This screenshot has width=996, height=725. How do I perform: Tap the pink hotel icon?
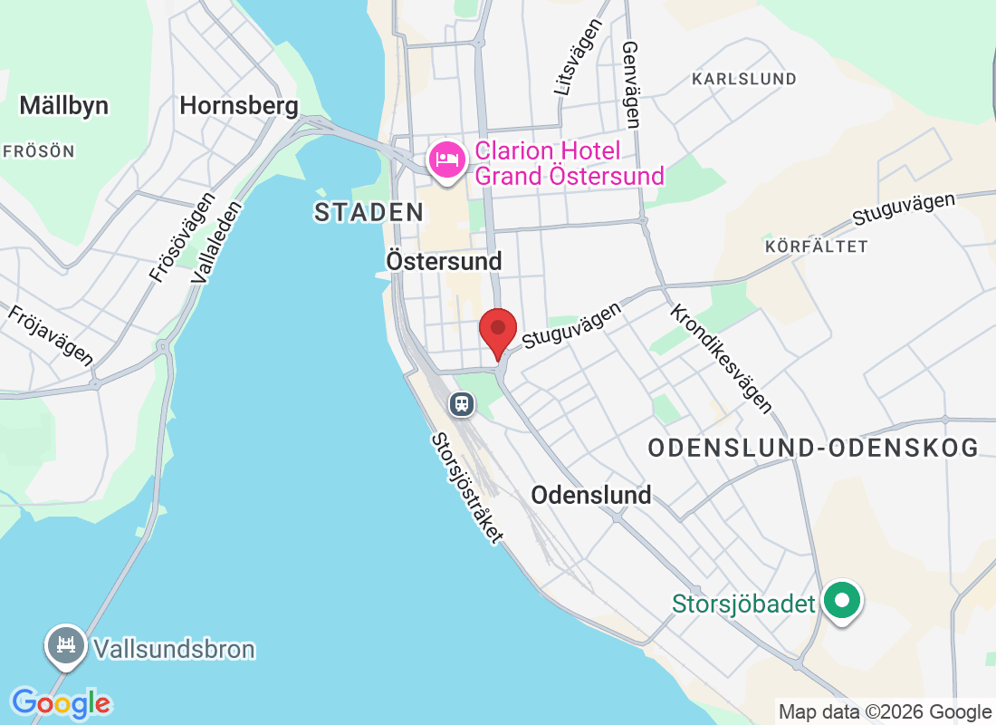pyautogui.click(x=445, y=161)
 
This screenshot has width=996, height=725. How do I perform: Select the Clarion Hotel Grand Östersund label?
pyautogui.click(x=570, y=163)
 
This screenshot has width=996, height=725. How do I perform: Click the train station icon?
pyautogui.click(x=462, y=402)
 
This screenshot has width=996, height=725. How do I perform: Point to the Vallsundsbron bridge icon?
pyautogui.click(x=65, y=645)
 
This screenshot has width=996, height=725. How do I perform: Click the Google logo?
pyautogui.click(x=62, y=703)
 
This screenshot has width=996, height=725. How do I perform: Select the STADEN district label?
pyautogui.click(x=369, y=213)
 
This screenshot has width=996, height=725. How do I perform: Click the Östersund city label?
pyautogui.click(x=444, y=261)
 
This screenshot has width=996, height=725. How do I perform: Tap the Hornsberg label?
pyautogui.click(x=239, y=106)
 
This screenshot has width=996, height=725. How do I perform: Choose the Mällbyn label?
pyautogui.click(x=63, y=106)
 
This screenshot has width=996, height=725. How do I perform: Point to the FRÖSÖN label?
pyautogui.click(x=39, y=151)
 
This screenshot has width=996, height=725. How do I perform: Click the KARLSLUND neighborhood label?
pyautogui.click(x=744, y=79)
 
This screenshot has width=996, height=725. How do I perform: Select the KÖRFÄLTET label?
pyautogui.click(x=816, y=246)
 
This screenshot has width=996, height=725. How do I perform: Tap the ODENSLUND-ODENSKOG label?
pyautogui.click(x=814, y=448)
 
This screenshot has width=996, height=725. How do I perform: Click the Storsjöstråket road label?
pyautogui.click(x=467, y=487)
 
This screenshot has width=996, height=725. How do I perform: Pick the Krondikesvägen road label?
pyautogui.click(x=721, y=358)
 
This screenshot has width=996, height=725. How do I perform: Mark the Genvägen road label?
pyautogui.click(x=631, y=83)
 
